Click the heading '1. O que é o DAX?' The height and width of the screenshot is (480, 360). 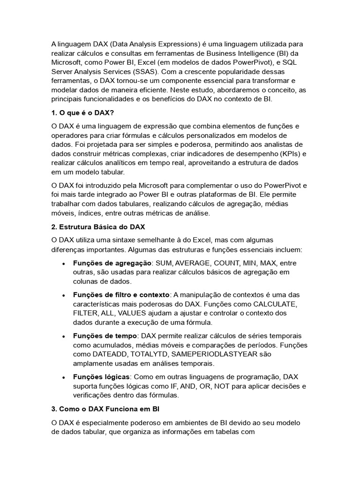coord(83,113)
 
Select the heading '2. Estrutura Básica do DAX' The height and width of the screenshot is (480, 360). coord(98,227)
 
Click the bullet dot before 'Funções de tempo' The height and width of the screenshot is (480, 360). coord(63,336)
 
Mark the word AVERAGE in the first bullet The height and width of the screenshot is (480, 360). coord(195,263)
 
